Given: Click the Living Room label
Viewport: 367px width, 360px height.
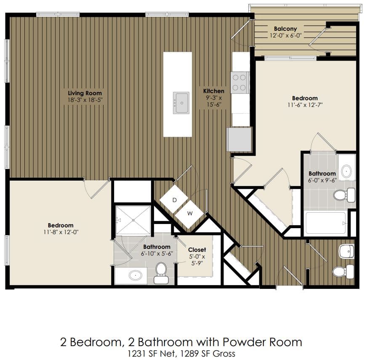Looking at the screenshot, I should pyautogui.click(x=85, y=93).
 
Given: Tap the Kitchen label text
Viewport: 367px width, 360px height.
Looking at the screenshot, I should pyautogui.click(x=214, y=91).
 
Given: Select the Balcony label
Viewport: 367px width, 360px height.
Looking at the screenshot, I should pyautogui.click(x=286, y=29).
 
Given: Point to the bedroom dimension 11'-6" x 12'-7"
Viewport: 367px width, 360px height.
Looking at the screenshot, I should pyautogui.click(x=305, y=105).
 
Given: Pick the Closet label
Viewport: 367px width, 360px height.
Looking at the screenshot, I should pyautogui.click(x=197, y=250).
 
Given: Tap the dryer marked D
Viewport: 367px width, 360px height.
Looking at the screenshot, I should pyautogui.click(x=174, y=200).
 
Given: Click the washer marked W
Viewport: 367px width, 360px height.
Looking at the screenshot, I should pyautogui.click(x=189, y=213).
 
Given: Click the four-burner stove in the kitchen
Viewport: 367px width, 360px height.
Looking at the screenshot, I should pyautogui.click(x=239, y=83).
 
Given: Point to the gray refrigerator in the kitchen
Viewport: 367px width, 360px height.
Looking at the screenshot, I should pyautogui.click(x=239, y=139).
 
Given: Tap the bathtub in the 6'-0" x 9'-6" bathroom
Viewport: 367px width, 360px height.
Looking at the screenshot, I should pyautogui.click(x=325, y=223).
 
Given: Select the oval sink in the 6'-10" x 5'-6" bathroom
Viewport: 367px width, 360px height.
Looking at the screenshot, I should pyautogui.click(x=135, y=276).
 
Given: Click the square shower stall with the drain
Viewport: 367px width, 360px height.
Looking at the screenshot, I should pyautogui.click(x=133, y=220).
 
